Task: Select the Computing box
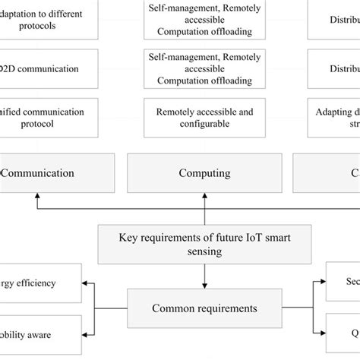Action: pos(204,172)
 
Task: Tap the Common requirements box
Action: pos(204,308)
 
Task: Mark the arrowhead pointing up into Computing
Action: pos(204,196)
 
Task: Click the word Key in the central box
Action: pos(128,236)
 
